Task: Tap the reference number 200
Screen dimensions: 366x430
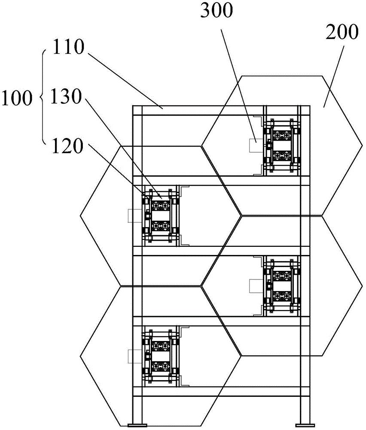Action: click(342, 32)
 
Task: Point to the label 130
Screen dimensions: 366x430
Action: click(66, 97)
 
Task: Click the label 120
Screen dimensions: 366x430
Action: click(67, 146)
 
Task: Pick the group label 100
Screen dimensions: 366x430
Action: click(17, 98)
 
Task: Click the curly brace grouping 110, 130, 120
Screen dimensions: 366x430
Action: click(43, 97)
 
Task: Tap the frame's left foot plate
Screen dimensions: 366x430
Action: click(137, 425)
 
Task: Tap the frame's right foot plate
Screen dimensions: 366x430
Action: click(305, 425)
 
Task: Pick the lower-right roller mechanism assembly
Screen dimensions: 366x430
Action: click(282, 286)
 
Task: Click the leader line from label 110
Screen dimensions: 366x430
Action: click(125, 81)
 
